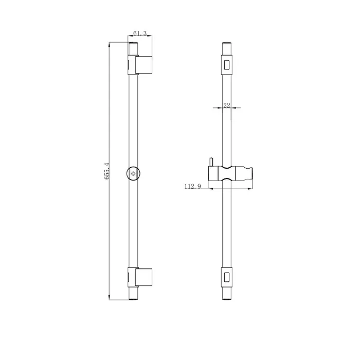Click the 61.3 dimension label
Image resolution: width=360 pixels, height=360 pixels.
coord(140,33)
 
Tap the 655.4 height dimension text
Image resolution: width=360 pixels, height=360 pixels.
coord(107,171)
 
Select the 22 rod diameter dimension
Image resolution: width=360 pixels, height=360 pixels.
coord(227,105)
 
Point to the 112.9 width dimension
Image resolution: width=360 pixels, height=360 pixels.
coord(193,186)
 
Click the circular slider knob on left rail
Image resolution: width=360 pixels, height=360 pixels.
coord(133,174)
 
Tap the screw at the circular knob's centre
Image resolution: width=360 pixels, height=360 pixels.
coord(133,174)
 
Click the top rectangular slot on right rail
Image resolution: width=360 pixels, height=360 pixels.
coord(227,65)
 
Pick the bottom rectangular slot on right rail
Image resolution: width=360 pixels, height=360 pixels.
coord(227,277)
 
